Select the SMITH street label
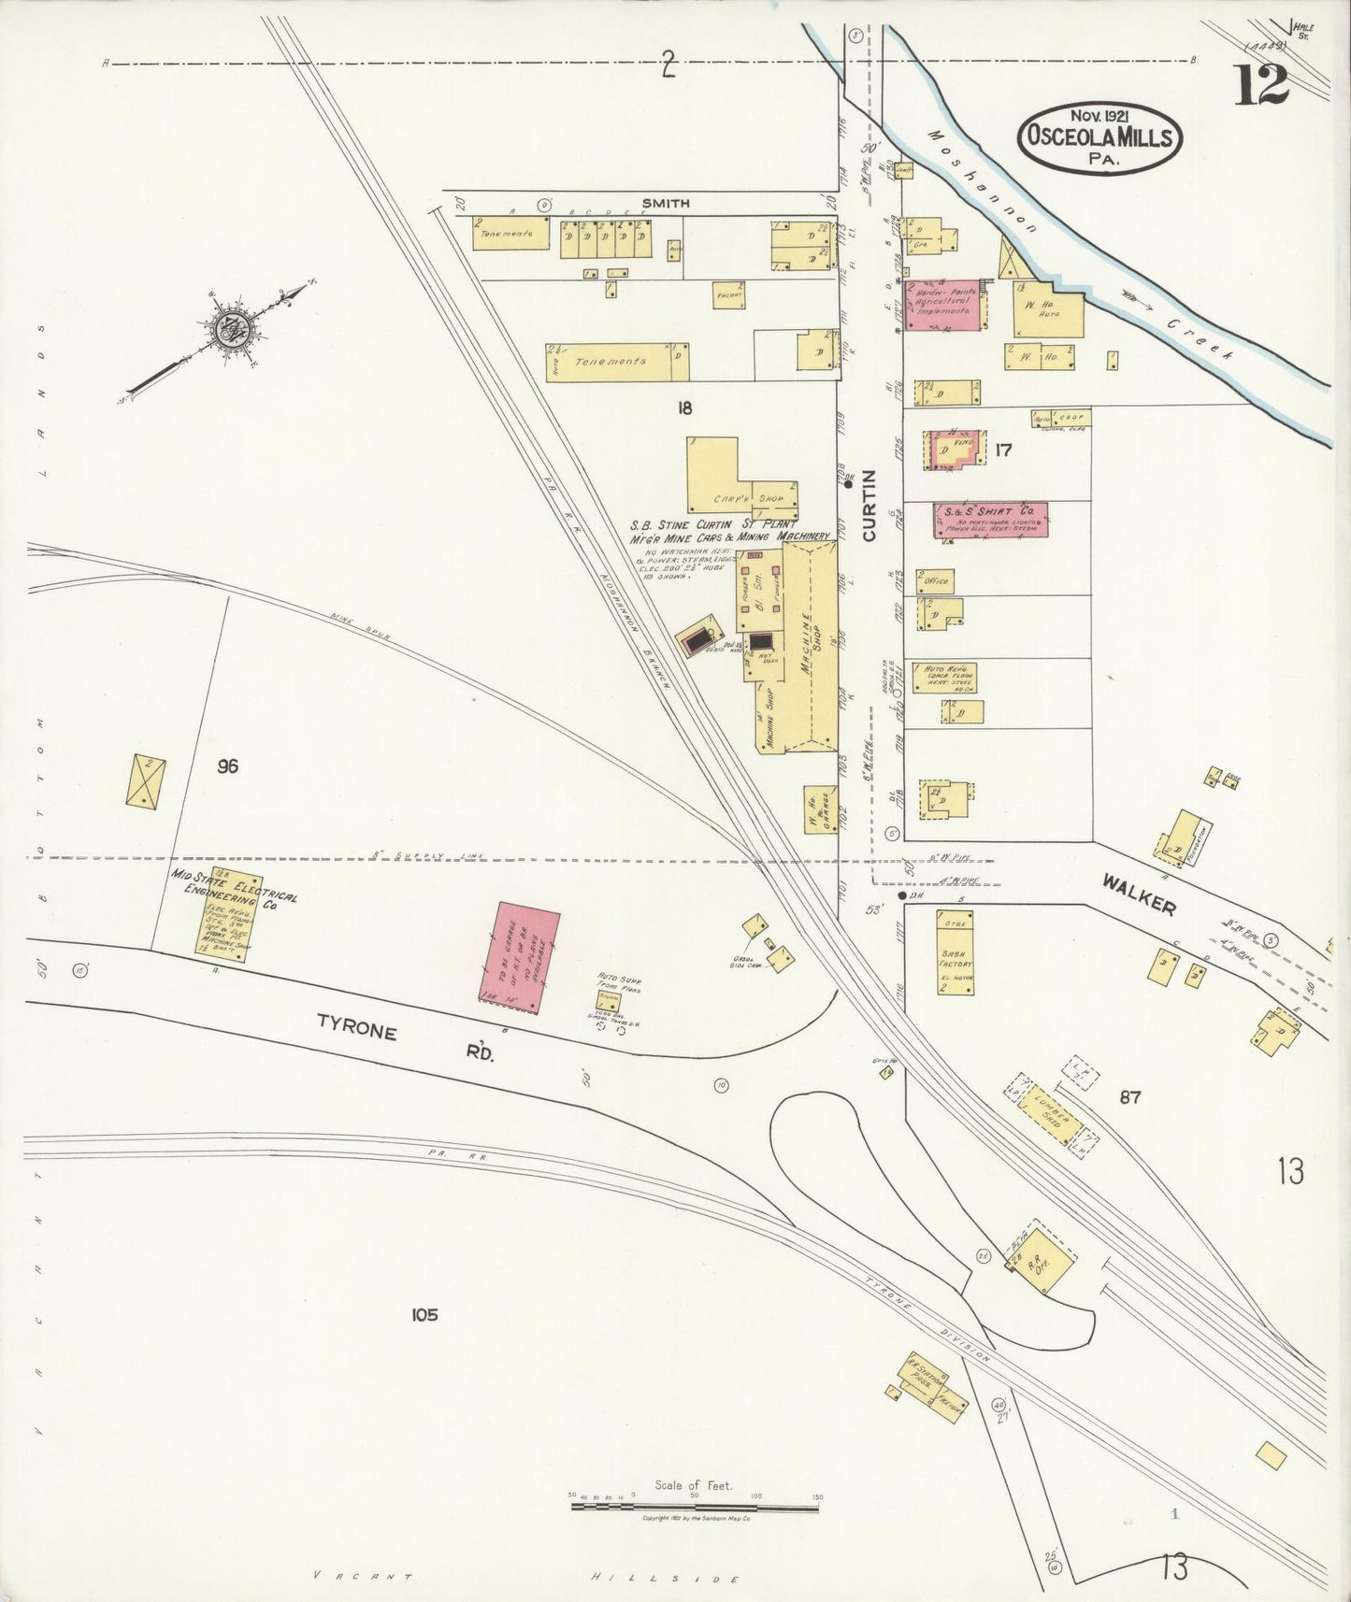pos(666,203)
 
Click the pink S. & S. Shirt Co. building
pos(989,520)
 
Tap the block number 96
pos(227,766)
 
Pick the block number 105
pos(424,1315)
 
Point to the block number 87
pos(1129,1096)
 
